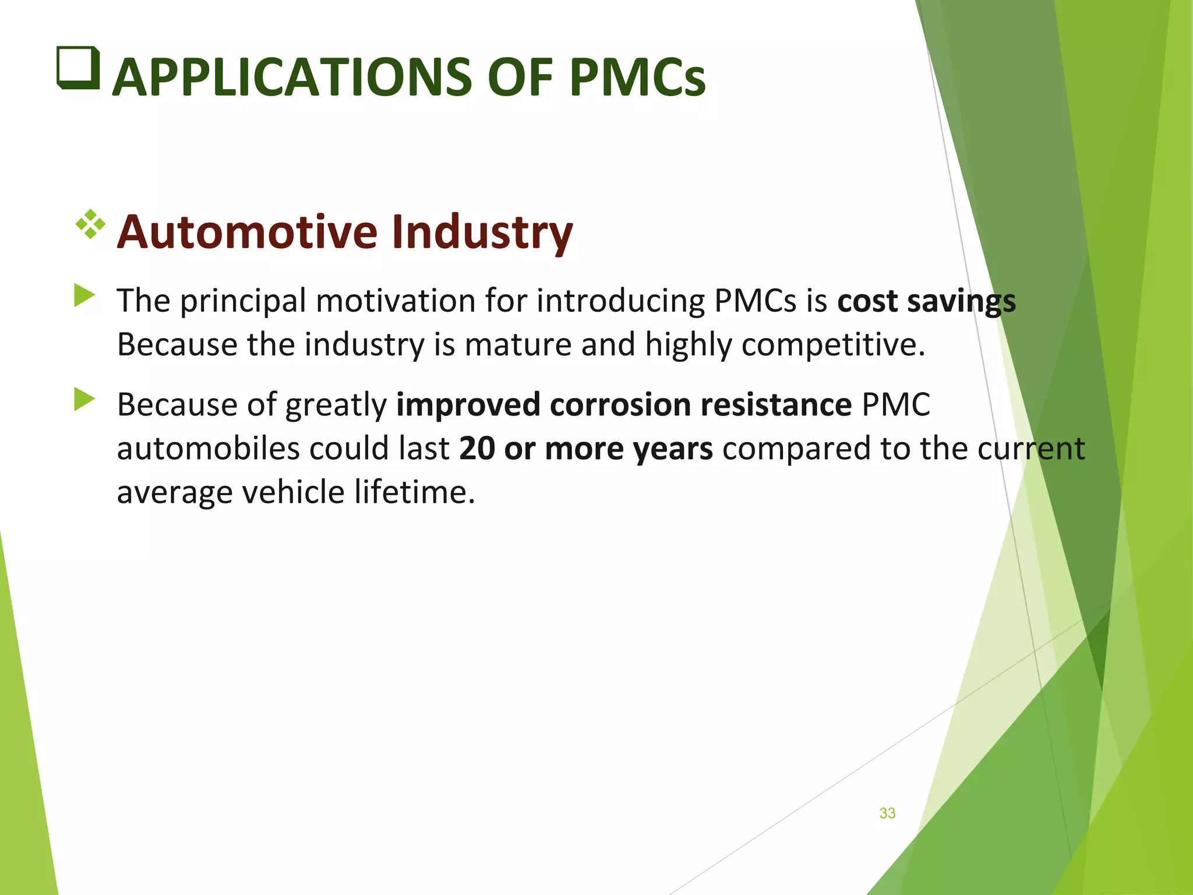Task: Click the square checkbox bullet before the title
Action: point(78,68)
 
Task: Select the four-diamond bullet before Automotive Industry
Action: point(90,224)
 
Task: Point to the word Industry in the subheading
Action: point(482,232)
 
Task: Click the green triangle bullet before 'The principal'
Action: point(84,295)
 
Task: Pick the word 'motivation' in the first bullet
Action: point(396,301)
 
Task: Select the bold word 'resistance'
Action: point(776,405)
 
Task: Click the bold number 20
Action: point(477,449)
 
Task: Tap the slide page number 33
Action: point(887,813)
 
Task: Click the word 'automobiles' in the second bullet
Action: point(208,449)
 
